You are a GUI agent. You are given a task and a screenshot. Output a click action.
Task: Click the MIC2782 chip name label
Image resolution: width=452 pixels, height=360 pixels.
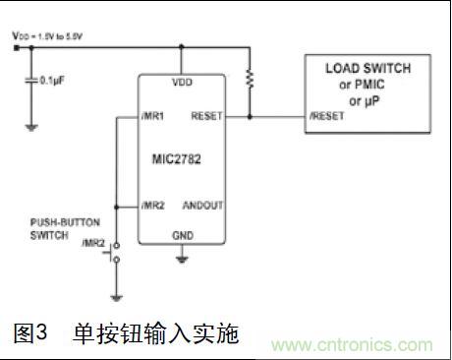[180, 157]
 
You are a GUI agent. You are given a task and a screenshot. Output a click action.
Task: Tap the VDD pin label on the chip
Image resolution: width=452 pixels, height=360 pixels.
[182, 82]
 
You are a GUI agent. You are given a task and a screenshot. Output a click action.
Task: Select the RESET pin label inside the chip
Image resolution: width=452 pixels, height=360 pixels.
[207, 115]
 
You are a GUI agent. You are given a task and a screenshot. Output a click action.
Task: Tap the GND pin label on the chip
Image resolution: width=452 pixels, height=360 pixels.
[182, 235]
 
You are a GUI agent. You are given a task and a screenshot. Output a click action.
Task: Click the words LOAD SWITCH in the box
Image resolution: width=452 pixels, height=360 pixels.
[368, 68]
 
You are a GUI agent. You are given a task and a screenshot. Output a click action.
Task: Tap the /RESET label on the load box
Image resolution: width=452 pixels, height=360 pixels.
[325, 116]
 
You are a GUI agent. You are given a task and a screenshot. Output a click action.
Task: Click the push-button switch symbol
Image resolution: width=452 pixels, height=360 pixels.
[116, 252]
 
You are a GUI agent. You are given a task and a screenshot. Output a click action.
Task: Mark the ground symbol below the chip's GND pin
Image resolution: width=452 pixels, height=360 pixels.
[182, 259]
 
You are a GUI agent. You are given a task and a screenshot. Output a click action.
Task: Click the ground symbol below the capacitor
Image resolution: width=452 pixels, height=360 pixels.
[31, 125]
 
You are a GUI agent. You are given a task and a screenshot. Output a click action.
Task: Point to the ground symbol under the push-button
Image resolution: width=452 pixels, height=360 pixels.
[116, 296]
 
